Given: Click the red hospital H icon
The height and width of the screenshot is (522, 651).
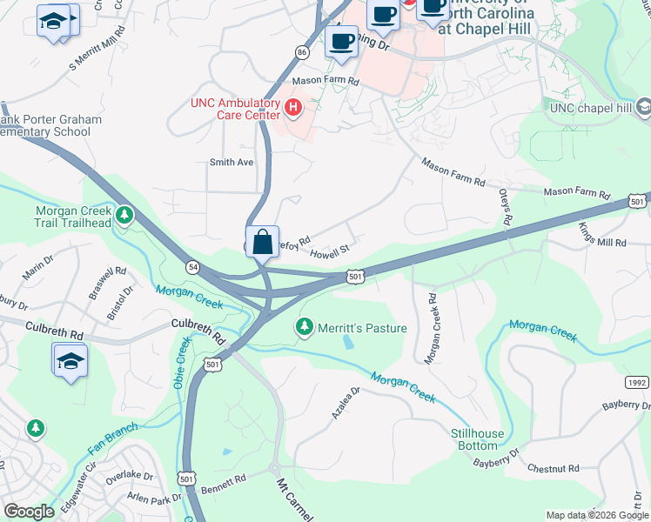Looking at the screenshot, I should tap(293, 108).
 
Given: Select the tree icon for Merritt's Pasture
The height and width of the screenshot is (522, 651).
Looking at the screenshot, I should tap(304, 327).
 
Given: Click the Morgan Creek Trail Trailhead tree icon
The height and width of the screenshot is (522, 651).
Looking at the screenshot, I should tap(125, 213).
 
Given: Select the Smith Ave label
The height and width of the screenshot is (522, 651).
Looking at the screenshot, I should tap(231, 162).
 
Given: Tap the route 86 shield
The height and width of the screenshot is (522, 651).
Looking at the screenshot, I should tap(301, 52).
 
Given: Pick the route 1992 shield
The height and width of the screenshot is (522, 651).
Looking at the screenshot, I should tap(636, 383).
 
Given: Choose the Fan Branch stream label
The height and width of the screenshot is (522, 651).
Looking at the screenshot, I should tap(112, 438).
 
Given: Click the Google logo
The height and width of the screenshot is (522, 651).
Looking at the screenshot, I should tap(29, 512).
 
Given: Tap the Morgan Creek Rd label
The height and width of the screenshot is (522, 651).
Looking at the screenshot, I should tap(429, 328).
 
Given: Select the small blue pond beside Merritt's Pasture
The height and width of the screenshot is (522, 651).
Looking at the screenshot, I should tap(349, 342).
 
